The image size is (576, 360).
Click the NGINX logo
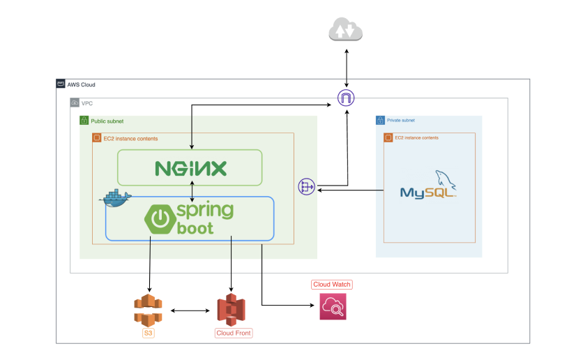tap(190, 168)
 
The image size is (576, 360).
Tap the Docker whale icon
tap(116, 198)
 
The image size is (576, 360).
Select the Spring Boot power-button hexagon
tap(160, 219)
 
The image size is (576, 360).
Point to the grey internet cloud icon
tap(347, 31)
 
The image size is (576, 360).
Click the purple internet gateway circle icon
tap(346, 98)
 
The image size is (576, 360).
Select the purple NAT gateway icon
tap(305, 186)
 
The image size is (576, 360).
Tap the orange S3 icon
tap(148, 310)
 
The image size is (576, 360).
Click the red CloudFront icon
tap(232, 310)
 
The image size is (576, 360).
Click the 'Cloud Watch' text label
tap(332, 285)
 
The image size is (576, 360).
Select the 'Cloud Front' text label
tap(233, 333)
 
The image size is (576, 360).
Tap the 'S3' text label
tap(148, 333)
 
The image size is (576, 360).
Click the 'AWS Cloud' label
tap(82, 84)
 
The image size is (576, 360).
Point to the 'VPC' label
tap(87, 103)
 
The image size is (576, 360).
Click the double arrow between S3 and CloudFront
tap(190, 310)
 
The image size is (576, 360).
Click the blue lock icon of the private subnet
tap(381, 121)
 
